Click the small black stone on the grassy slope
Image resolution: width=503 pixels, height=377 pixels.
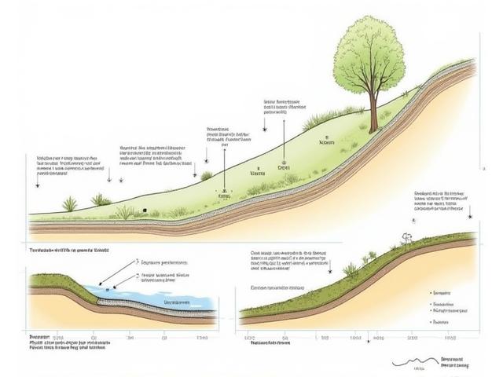click(145, 210)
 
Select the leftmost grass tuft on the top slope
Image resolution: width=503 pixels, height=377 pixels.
click(70, 205)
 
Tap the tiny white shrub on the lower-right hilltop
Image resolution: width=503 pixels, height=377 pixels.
click(407, 235)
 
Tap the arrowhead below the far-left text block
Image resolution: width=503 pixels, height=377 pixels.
click(36, 185)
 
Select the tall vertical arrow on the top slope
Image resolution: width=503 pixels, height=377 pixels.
click(224, 169)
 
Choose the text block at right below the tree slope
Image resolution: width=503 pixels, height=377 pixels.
click(442, 200)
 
